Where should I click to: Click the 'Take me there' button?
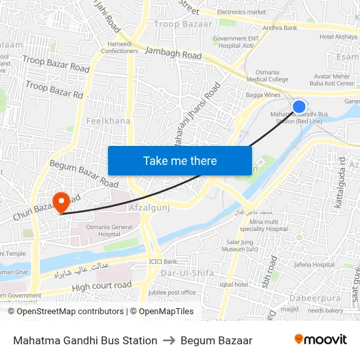[179, 160]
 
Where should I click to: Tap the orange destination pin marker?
[62, 202]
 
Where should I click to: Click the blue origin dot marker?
[299, 107]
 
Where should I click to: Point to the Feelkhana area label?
[108, 121]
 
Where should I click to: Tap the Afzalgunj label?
[151, 207]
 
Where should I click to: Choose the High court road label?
[101, 286]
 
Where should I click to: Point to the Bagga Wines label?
[263, 96]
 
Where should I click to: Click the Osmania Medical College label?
[267, 75]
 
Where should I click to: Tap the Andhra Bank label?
[279, 28]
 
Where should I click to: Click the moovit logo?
[320, 340]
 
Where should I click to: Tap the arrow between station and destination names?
[169, 340]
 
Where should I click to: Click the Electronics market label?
[242, 12]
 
